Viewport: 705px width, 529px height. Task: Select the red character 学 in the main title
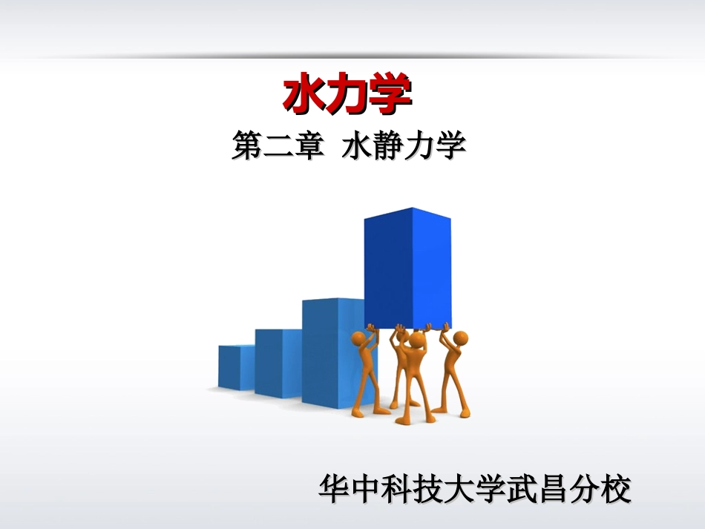pyautogui.click(x=390, y=96)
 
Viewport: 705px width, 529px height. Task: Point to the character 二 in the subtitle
pyautogui.click(x=278, y=146)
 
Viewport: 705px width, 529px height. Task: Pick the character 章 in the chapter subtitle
pyautogui.click(x=309, y=146)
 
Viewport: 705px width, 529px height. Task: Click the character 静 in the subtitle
pyautogui.click(x=388, y=146)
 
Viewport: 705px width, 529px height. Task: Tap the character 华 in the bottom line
pyautogui.click(x=333, y=490)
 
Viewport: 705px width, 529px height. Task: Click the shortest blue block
pyautogui.click(x=236, y=367)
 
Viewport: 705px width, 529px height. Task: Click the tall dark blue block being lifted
pyautogui.click(x=407, y=267)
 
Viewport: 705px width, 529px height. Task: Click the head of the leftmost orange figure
pyautogui.click(x=360, y=341)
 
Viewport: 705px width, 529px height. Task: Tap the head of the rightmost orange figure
pyautogui.click(x=460, y=339)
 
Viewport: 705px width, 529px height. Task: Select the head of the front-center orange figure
pyautogui.click(x=416, y=342)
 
